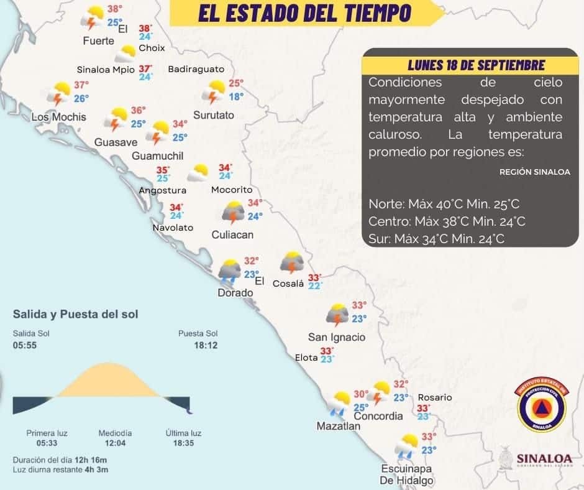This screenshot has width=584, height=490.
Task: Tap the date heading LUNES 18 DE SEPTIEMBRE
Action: [477, 65]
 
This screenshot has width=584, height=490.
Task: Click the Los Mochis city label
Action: [58, 117]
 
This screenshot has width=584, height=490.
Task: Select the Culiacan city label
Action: [232, 234]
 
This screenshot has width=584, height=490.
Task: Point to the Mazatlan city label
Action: [339, 427]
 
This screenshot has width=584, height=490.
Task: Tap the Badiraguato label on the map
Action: [196, 69]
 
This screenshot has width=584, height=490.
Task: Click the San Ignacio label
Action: [337, 337]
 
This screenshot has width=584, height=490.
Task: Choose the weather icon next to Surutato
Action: [216, 92]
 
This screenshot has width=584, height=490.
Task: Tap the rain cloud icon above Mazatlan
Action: [340, 403]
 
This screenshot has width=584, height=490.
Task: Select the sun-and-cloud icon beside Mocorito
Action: [199, 173]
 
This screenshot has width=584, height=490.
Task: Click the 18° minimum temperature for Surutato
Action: [236, 96]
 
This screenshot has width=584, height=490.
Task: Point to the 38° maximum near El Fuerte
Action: [115, 9]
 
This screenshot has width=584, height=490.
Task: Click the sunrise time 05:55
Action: [24, 345]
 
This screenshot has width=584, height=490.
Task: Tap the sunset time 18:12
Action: [206, 345]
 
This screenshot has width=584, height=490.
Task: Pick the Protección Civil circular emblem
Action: [542, 405]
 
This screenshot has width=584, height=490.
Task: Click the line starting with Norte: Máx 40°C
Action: [444, 204]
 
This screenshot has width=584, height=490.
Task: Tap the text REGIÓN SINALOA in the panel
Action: [534, 173]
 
